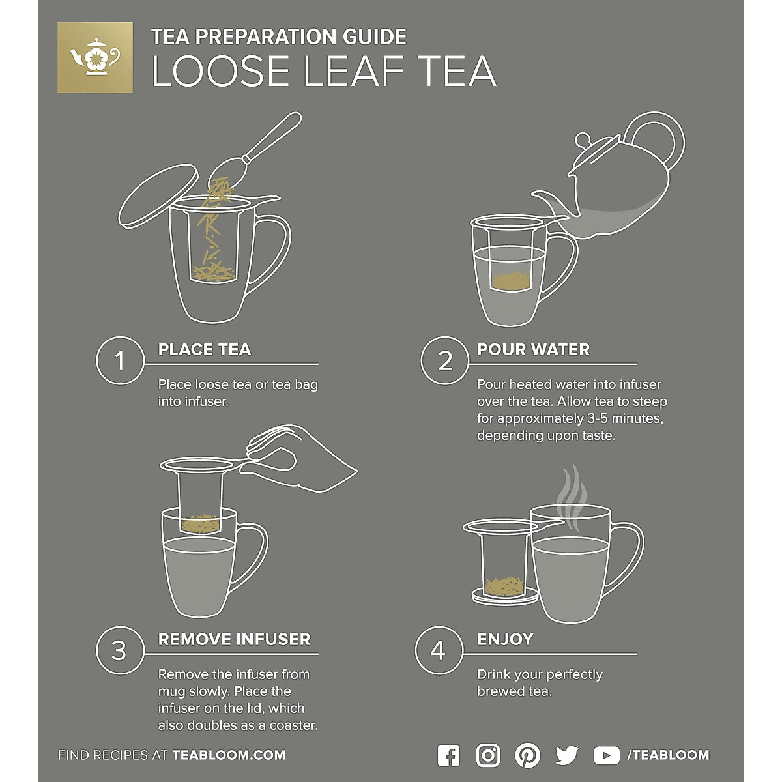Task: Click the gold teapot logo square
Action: coord(95,57)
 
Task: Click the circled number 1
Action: coord(119,360)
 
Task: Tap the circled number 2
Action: coord(444,360)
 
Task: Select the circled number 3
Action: coord(119,650)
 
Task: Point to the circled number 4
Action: coord(439,650)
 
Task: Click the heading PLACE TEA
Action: coord(204,349)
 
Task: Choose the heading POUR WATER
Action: coord(533,349)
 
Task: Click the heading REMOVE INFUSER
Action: coord(234,639)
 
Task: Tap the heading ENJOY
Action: coord(505,639)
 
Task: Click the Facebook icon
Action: coord(448,755)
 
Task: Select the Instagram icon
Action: coord(488,755)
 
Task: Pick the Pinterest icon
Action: coord(527,755)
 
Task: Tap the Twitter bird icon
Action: coord(567,755)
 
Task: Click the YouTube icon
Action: coord(607,755)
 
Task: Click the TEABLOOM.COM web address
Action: coord(229,755)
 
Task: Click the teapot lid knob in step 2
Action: coord(583,139)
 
